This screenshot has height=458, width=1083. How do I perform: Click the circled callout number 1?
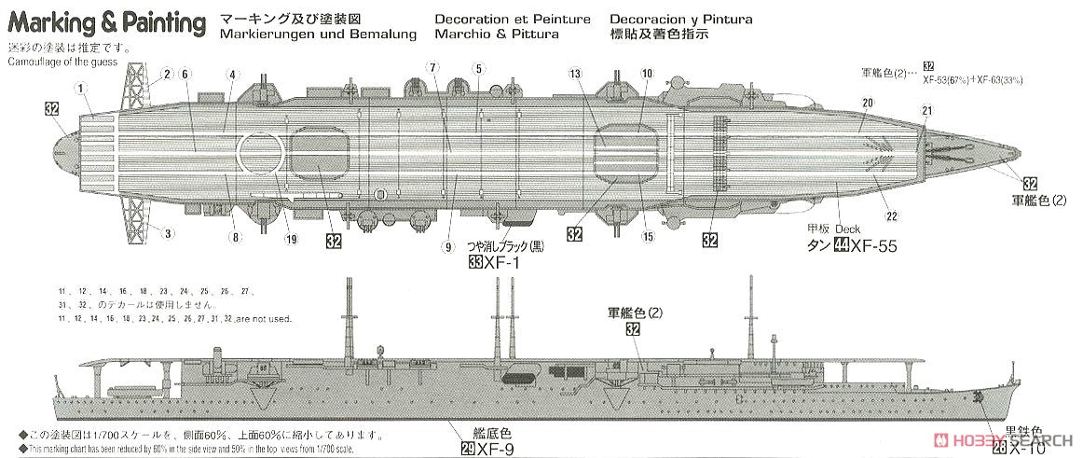[x=81, y=89]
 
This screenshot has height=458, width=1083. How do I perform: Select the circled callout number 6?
[x=185, y=74]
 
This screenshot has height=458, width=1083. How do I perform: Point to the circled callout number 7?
[x=432, y=66]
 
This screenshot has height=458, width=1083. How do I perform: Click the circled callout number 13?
[x=574, y=74]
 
